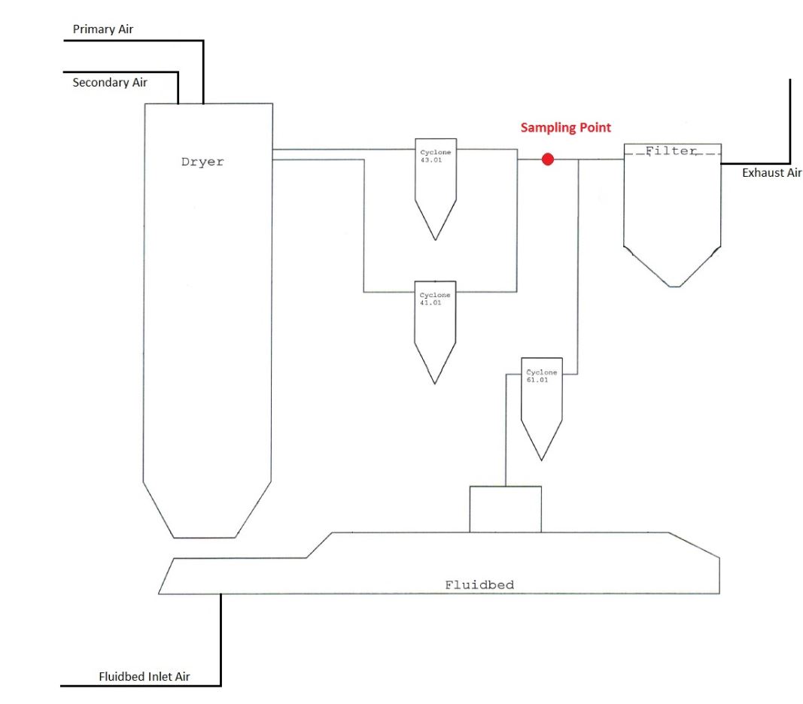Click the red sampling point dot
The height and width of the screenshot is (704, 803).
pos(548,159)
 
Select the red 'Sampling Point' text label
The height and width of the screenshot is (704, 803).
pos(565,128)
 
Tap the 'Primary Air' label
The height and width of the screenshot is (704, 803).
pos(103,29)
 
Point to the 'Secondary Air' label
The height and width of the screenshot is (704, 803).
pos(110,83)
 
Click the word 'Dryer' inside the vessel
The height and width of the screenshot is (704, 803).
pos(202,162)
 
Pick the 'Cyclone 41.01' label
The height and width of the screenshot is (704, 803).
pos(435,299)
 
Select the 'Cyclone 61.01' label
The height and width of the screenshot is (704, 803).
pos(542,376)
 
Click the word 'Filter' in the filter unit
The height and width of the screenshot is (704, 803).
pos(671,151)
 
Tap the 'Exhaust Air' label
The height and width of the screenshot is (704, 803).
pos(772,173)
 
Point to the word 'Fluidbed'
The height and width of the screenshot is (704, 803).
pos(479,584)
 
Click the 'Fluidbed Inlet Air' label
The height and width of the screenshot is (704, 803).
pos(144,676)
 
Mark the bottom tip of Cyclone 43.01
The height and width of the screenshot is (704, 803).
pos(435,239)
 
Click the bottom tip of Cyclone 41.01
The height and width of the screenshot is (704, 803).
pos(435,383)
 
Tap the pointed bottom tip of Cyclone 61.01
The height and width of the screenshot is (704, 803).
pos(542,460)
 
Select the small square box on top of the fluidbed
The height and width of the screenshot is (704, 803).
pos(505,509)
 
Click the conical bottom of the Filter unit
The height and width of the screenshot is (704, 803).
pos(672,267)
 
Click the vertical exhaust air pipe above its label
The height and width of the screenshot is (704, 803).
pos(790,120)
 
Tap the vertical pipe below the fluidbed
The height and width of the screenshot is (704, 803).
pos(221,639)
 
